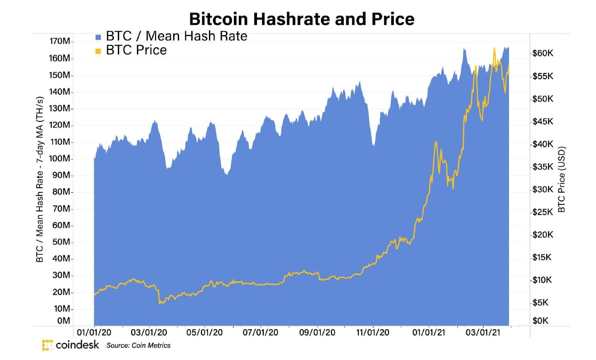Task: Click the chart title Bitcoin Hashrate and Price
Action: click(x=301, y=19)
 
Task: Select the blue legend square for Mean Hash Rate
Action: click(x=98, y=37)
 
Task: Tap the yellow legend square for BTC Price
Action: click(x=98, y=51)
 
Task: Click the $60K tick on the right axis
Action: click(x=543, y=54)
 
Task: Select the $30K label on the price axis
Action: click(x=543, y=190)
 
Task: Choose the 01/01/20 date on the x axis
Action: click(x=94, y=333)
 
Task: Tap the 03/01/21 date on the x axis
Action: click(x=483, y=333)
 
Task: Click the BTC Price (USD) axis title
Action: click(x=562, y=180)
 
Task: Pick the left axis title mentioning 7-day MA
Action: click(x=40, y=180)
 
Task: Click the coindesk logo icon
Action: click(x=47, y=345)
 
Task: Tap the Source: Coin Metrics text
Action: click(x=139, y=345)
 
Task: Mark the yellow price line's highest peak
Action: click(x=494, y=48)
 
